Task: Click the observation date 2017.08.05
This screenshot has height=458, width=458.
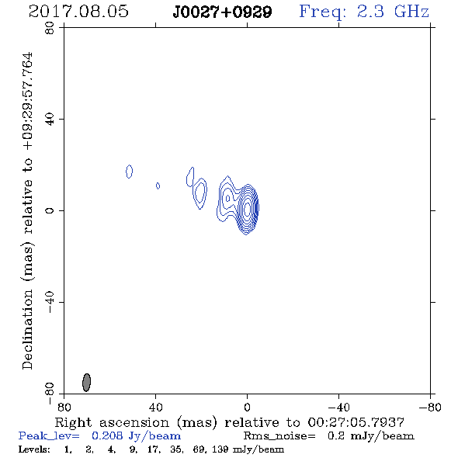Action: coord(78,12)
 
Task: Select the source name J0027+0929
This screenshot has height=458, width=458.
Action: coord(222,12)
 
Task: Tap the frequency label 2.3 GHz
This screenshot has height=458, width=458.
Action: coord(393,12)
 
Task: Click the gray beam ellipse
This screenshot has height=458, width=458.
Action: coord(86,382)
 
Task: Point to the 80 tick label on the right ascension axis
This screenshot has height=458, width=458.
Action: coord(64,408)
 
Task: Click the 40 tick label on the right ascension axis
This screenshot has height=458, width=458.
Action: coord(156,408)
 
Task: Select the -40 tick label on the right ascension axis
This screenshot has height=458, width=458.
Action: coord(338,408)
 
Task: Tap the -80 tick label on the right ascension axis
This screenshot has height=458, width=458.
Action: coord(430,408)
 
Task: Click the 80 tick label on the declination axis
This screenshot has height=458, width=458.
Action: coord(50,28)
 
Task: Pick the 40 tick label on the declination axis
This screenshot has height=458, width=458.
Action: coord(50,120)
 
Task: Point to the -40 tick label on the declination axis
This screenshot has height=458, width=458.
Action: coord(50,302)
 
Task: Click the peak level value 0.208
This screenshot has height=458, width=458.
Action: coord(106,435)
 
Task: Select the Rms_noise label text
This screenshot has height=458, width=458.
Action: coord(279,436)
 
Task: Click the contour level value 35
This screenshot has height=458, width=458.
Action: coord(176,449)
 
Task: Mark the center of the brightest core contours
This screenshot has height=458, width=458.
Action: coord(248,209)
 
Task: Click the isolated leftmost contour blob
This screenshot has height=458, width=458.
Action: coord(129,172)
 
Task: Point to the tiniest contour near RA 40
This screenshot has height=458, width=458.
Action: coord(158,186)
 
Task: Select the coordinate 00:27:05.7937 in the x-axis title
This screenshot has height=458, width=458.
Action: coord(356,422)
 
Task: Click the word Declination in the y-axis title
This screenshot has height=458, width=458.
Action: coord(27,329)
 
